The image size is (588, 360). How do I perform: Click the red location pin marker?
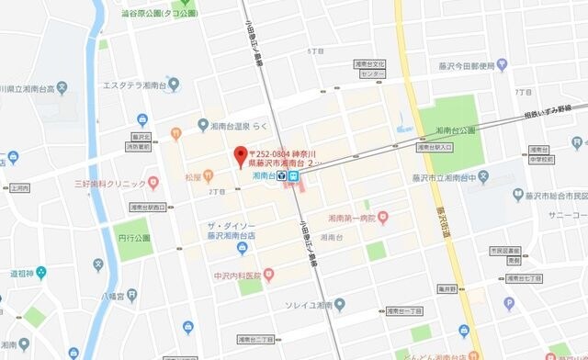[x=240, y=155]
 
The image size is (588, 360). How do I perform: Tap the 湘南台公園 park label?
[x=456, y=130]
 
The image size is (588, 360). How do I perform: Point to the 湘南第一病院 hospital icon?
[x=383, y=217]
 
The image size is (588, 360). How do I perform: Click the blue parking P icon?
[x=508, y=303]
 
